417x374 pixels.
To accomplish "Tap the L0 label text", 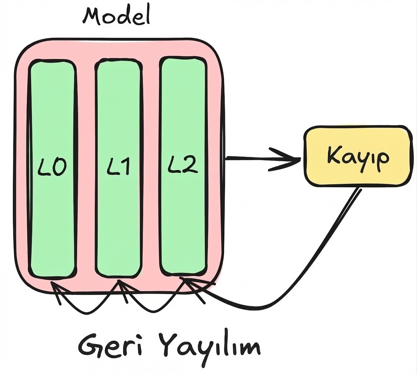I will pos(53,167).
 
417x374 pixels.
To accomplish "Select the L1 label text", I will pos(118,167).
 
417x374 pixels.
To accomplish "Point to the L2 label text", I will pos(182,166).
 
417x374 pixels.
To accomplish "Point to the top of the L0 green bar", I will pos(52,63).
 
